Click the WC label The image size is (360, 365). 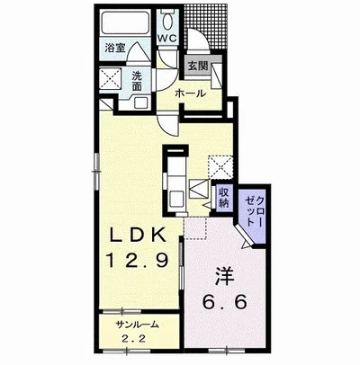[x=167, y=38]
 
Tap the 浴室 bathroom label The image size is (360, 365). [x=115, y=48]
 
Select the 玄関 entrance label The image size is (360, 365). [x=198, y=66]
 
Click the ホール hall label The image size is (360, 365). [x=190, y=93]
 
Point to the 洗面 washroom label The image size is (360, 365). [x=137, y=81]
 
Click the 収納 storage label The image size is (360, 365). [x=224, y=197]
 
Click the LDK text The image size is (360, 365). [x=138, y=235]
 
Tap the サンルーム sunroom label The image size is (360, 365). [x=137, y=325]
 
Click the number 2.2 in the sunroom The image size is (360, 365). [x=134, y=339]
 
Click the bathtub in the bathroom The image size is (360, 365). [x=126, y=22]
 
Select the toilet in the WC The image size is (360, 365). [x=167, y=20]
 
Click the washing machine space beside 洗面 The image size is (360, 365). [x=110, y=79]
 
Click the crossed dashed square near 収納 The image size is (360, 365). [x=220, y=167]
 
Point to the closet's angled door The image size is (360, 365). [x=243, y=235]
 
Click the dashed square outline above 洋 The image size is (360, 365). [x=195, y=228]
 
